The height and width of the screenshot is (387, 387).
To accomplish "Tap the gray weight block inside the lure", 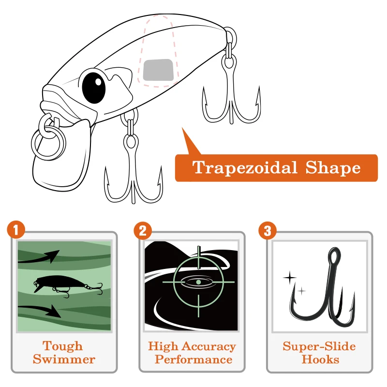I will pyautogui.click(x=158, y=70).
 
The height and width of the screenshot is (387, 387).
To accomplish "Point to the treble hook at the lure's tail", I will pyautogui.click(x=231, y=97).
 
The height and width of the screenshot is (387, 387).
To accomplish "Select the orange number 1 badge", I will pyautogui.click(x=16, y=230).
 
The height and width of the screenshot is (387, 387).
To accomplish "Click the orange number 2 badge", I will pyautogui.click(x=143, y=230).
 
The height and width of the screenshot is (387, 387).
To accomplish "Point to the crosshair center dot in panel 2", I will pyautogui.click(x=198, y=282).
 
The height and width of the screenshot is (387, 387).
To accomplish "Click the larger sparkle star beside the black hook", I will pyautogui.click(x=289, y=278).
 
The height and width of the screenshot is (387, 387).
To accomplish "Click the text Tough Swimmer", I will pyautogui.click(x=64, y=353).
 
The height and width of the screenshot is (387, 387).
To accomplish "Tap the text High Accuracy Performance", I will pyautogui.click(x=192, y=353).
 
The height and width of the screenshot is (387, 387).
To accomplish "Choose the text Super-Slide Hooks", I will pyautogui.click(x=319, y=353).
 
